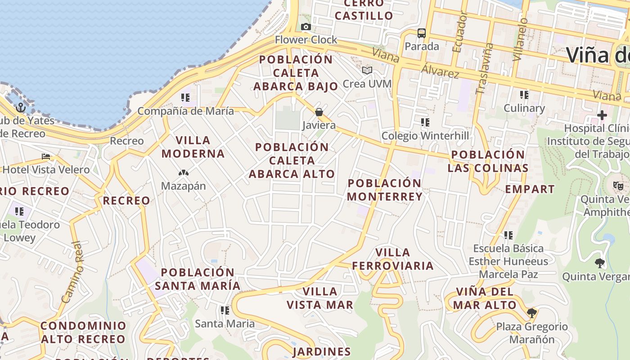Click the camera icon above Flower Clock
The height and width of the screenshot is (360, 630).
(306, 27)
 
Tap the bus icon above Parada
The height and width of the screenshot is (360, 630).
(421, 33)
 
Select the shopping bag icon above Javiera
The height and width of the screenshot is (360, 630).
(319, 112)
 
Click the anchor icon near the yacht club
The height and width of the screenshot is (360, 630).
(20, 108)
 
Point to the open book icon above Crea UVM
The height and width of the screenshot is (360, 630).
(367, 70)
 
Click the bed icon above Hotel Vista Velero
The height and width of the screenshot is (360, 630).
(46, 157)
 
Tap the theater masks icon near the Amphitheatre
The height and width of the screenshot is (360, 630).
(618, 185)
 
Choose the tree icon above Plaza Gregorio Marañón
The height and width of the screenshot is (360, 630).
(532, 313)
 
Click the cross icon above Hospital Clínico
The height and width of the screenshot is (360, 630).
(602, 115)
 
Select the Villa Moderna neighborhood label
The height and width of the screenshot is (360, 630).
(193, 147)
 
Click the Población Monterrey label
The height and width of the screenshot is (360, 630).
(385, 190)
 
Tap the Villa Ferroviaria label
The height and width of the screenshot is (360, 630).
(393, 259)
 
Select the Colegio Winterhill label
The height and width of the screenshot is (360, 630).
(425, 136)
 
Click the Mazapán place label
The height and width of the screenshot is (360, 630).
(184, 186)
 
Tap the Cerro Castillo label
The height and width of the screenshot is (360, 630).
(364, 10)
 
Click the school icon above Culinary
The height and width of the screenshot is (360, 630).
(524, 95)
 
